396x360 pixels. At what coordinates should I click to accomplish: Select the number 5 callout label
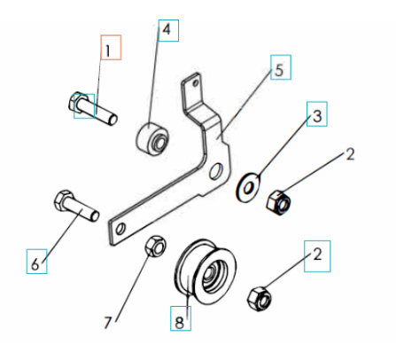tap(279, 68)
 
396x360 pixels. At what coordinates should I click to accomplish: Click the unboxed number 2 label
tap(349, 154)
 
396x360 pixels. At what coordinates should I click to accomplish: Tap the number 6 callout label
tap(35, 263)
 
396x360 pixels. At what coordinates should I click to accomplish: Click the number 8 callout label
tap(180, 320)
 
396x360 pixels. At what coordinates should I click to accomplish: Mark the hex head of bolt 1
tap(78, 105)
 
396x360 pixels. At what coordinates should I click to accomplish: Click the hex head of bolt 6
tap(64, 199)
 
